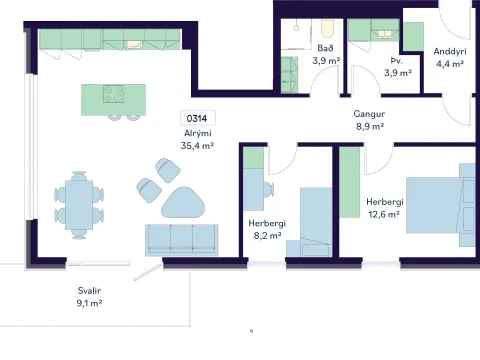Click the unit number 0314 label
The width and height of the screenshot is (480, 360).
[x=197, y=118]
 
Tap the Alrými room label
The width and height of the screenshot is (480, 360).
[x=198, y=133]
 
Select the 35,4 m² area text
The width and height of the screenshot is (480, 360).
[x=197, y=145]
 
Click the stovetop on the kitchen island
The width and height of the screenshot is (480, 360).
[x=113, y=94]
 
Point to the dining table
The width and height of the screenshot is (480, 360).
[x=79, y=205]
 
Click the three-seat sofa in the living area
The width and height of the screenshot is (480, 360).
[x=182, y=240]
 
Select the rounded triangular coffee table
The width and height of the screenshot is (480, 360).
[x=183, y=202]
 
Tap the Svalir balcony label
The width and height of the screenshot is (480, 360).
[x=89, y=291]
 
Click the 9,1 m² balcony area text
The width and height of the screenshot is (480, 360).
[x=89, y=303]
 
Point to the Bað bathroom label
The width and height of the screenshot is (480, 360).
[x=325, y=48]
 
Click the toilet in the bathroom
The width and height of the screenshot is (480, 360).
[x=327, y=28]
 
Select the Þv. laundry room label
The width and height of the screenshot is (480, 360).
[x=397, y=61]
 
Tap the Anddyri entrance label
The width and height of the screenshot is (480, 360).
[x=450, y=51]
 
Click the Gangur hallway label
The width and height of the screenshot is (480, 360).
[x=369, y=114]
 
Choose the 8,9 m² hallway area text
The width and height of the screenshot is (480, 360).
[x=370, y=126]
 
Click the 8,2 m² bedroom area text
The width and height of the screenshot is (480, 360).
[x=267, y=235]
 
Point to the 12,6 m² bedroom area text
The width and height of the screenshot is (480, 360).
[x=384, y=214]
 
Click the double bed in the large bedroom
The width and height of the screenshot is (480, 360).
[x=441, y=205]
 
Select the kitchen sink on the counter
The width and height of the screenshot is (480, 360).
[x=135, y=45]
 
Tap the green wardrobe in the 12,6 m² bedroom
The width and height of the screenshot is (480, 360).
[x=350, y=182]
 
